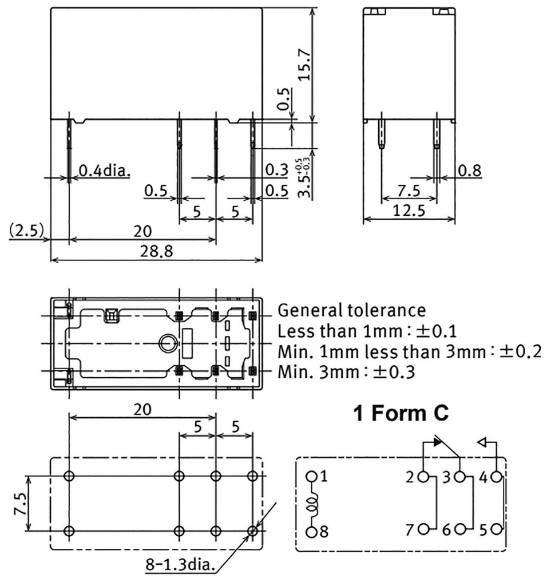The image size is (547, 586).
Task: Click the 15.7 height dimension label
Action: click(304, 64)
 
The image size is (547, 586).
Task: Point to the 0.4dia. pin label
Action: click(105, 171)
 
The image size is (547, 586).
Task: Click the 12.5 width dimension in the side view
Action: click(410, 211)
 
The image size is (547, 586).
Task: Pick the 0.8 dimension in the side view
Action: click(469, 170)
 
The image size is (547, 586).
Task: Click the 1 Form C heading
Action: click(402, 414)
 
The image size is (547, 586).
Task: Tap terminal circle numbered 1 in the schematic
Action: click(311, 476)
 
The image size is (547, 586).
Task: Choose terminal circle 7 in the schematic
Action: click(425, 530)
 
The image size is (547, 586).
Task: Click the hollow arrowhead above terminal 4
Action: click(482, 442)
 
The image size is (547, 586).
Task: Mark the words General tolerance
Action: click(351, 311)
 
